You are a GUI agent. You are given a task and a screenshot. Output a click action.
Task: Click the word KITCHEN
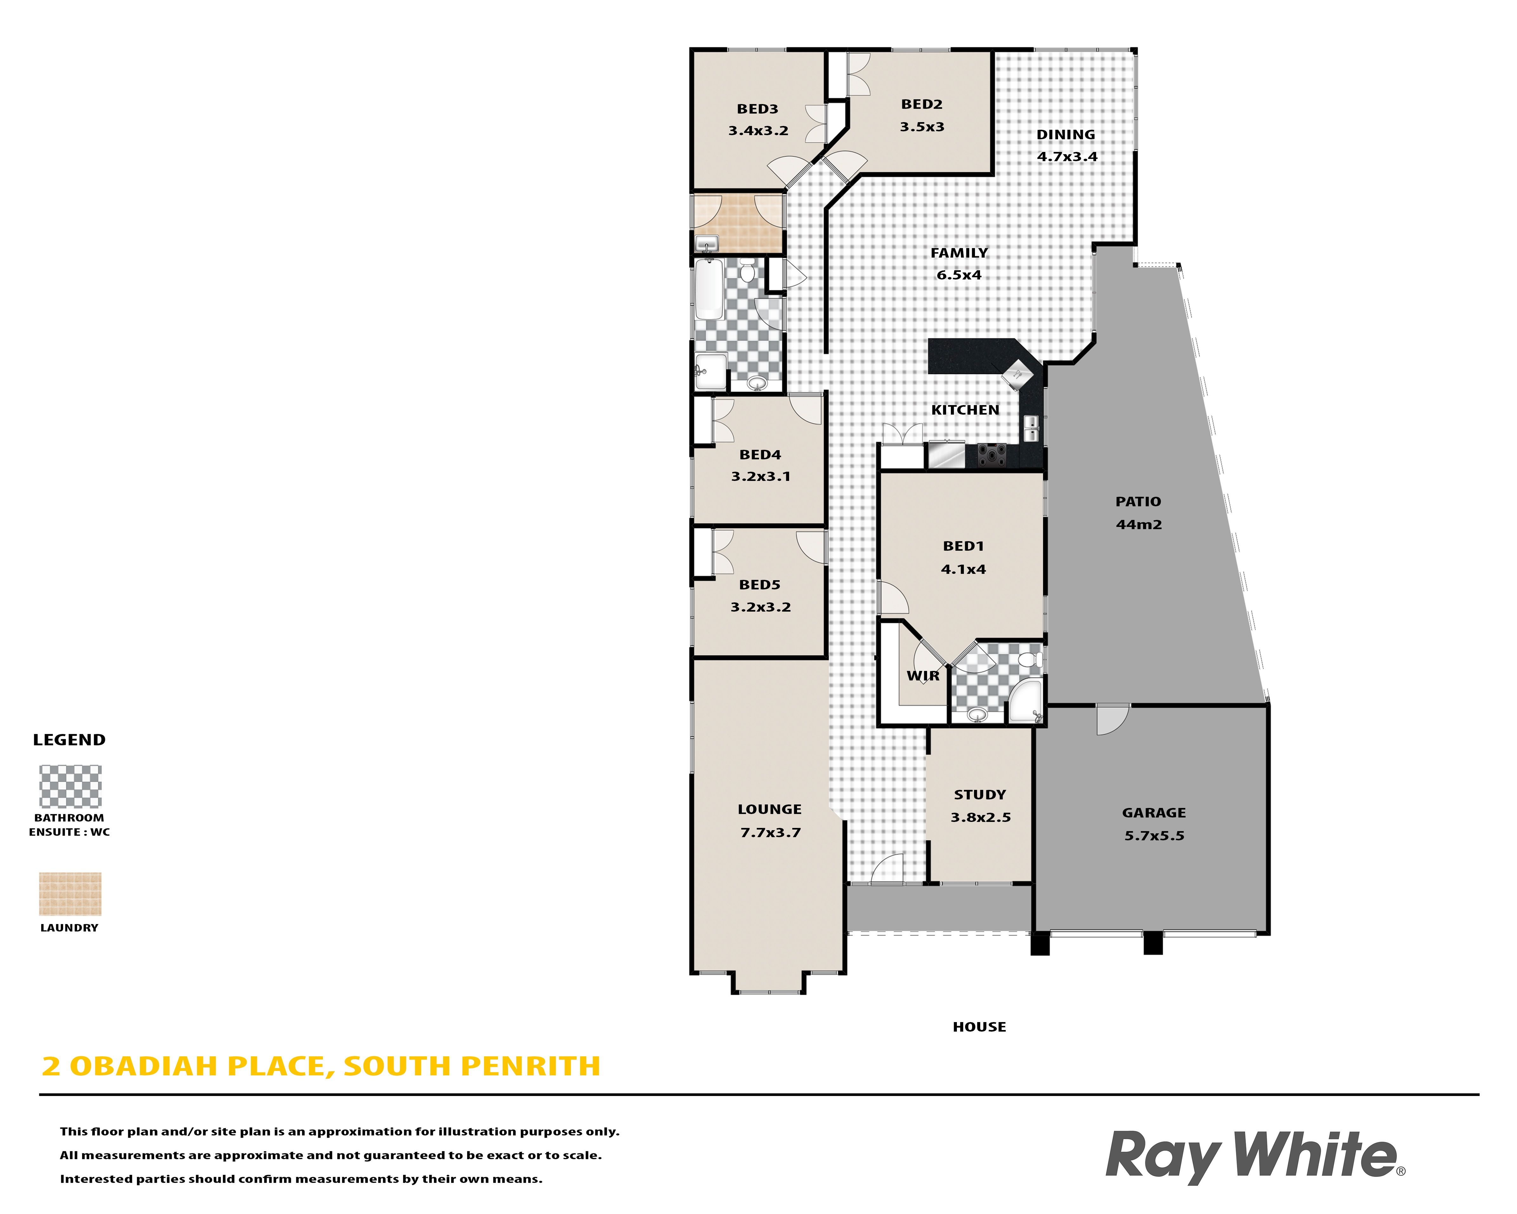tap(965, 410)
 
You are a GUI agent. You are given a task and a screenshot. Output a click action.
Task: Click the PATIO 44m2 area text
tap(1138, 524)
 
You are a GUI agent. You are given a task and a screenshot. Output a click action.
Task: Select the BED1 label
tap(963, 546)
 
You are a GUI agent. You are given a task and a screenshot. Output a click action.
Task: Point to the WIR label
tap(922, 676)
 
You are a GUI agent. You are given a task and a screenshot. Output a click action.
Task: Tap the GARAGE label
tap(1154, 813)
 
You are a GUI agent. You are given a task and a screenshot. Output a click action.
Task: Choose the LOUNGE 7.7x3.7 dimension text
tap(770, 833)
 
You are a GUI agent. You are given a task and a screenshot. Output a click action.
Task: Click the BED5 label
tap(760, 585)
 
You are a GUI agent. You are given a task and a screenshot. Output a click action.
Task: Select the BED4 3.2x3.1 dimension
tap(761, 476)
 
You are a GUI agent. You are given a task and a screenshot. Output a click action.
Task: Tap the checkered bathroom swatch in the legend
tap(70, 786)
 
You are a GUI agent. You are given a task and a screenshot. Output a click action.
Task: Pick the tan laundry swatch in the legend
tap(70, 894)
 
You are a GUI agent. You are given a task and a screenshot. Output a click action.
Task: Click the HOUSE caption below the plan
tap(979, 1027)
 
